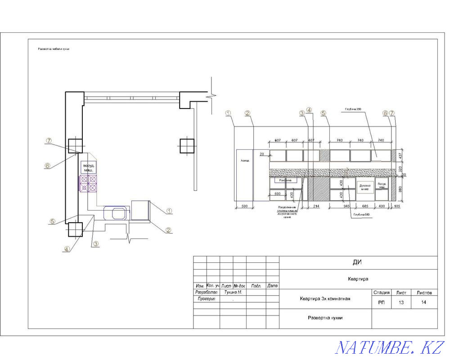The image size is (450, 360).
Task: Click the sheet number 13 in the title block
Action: point(400,302)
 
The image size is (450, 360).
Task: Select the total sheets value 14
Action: point(423,302)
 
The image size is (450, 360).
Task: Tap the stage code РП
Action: point(381,302)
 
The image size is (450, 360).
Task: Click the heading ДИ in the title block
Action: point(358,262)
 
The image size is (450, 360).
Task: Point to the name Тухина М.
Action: point(233,292)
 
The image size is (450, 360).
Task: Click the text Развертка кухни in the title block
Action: point(325,318)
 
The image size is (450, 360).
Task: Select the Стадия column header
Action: point(381,292)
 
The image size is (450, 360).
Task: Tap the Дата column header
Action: point(272,286)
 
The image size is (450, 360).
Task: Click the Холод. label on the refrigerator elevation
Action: point(245,160)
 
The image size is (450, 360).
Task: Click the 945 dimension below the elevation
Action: point(346,206)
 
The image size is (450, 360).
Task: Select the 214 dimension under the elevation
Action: point(316,206)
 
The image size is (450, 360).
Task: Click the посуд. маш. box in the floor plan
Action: point(88,167)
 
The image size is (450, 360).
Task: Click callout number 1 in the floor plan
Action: point(169,210)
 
